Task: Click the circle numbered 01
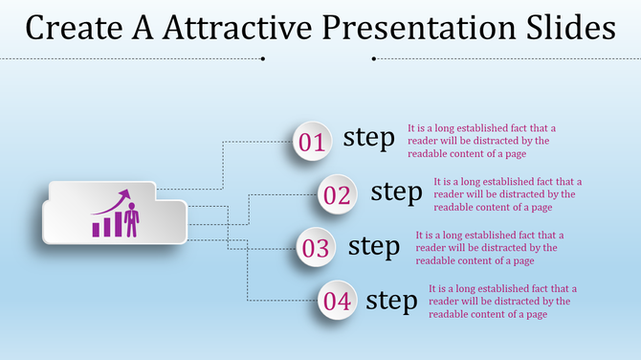312,143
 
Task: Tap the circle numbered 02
338,195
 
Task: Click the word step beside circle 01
368,138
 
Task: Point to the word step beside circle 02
395,191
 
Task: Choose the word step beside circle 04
392,300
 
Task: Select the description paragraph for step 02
494,193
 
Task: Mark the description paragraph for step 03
475,247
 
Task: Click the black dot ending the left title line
263,58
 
